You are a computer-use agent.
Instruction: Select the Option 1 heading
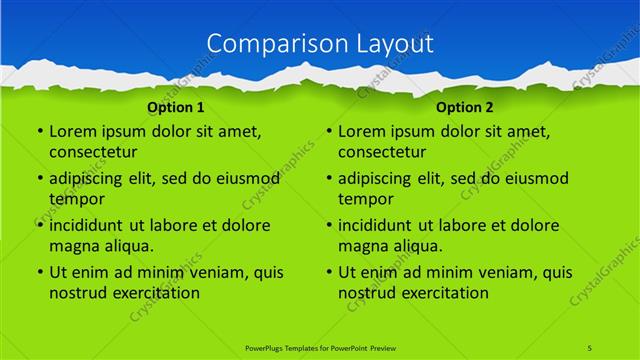point(176,106)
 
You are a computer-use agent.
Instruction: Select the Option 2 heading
point(465,106)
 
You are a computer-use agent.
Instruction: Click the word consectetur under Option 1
point(93,152)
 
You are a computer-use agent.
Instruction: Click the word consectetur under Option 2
point(382,152)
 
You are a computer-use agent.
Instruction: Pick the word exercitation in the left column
point(155,293)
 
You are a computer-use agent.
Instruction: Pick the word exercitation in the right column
point(444,293)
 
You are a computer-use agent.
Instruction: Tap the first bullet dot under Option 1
point(39,132)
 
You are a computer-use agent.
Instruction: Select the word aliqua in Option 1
point(127,246)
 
